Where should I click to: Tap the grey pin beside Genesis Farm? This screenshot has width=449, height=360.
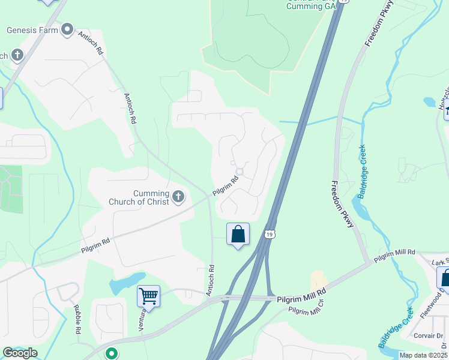(x=67, y=29)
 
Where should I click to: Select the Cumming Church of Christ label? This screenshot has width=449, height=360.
(x=139, y=197)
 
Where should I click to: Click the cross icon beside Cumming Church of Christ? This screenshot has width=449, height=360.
(x=178, y=196)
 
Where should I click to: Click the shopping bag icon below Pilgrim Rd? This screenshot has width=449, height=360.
(x=238, y=234)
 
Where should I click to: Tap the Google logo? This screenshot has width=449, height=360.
(x=20, y=353)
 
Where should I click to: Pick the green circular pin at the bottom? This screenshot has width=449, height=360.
(x=111, y=354)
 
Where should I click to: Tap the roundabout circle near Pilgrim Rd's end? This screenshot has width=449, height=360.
(x=240, y=172)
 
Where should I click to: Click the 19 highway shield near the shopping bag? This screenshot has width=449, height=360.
(x=270, y=234)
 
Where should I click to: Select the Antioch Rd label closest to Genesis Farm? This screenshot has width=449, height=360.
(x=91, y=43)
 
